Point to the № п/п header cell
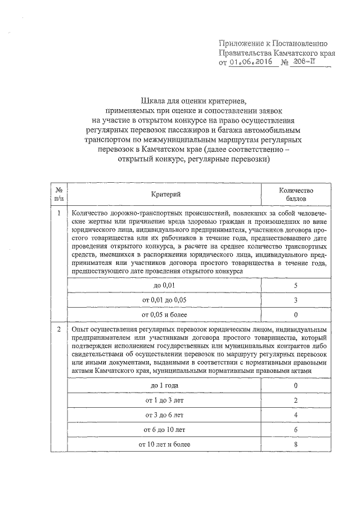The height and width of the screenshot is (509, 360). (x=59, y=194)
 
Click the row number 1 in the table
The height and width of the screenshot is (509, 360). (x=59, y=213)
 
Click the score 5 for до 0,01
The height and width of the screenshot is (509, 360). (x=295, y=286)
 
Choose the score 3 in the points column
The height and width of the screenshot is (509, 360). (x=295, y=300)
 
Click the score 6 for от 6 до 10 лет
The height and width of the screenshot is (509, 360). (x=295, y=430)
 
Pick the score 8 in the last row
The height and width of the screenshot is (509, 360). (x=295, y=444)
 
